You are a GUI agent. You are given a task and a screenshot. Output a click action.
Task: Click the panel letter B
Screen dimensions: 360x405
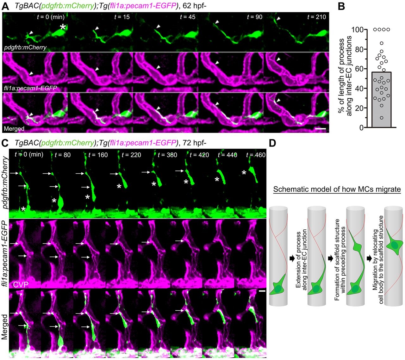[x=341, y=6]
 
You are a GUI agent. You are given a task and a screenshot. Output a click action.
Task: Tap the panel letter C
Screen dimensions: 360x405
[x=5, y=143]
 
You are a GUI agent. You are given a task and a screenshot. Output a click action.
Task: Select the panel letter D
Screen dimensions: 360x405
[x=272, y=143]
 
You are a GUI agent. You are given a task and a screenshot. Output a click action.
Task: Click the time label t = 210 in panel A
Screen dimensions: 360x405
[x=316, y=17]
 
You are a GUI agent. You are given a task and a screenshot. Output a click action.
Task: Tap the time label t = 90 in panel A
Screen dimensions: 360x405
[x=254, y=17]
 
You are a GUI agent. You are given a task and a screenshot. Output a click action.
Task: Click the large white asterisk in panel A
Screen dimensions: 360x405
[x=63, y=27]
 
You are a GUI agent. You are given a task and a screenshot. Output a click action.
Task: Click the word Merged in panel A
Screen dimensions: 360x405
[x=14, y=129]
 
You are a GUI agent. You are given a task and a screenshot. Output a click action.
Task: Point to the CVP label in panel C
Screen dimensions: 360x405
[x=21, y=284]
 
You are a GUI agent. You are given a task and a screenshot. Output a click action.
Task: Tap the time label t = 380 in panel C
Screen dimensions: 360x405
[x=167, y=155]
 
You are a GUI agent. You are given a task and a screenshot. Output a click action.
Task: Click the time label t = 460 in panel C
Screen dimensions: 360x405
[x=256, y=155]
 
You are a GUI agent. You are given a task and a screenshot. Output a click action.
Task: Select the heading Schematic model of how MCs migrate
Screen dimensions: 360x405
[x=337, y=189]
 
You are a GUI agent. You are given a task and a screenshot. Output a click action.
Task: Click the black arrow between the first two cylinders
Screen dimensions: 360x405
[x=291, y=259]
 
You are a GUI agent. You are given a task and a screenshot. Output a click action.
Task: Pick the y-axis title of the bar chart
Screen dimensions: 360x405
[x=345, y=76]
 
